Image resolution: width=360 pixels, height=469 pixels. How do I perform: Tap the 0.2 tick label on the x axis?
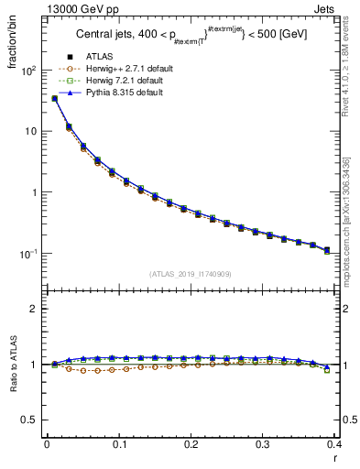191,444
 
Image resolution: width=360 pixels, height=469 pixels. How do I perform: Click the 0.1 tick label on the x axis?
118,444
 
